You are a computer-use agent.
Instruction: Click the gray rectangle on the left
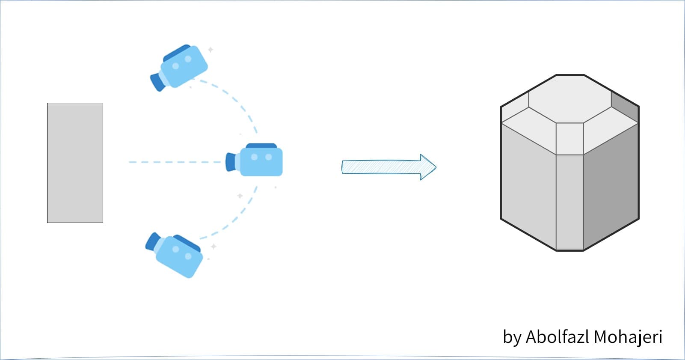75,163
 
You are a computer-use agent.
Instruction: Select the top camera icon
182,67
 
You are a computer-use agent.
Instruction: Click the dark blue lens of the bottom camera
152,241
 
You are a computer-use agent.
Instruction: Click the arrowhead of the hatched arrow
428,167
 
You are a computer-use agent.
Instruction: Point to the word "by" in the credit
512,337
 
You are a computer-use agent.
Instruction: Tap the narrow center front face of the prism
569,201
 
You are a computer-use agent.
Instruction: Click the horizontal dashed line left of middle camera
175,162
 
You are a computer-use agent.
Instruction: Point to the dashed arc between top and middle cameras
240,103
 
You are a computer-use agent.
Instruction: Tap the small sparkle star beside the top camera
211,50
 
